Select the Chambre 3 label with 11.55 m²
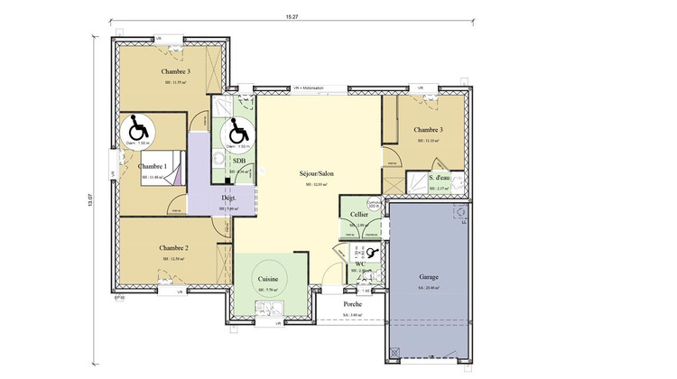pos(176,71)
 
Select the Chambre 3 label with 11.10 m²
pos(428,130)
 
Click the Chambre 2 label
pos(173,247)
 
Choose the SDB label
pos(239,161)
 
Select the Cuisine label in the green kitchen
pos(268,280)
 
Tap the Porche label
pos(353,304)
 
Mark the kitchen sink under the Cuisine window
pos(268,310)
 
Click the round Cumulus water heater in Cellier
pos(375,205)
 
